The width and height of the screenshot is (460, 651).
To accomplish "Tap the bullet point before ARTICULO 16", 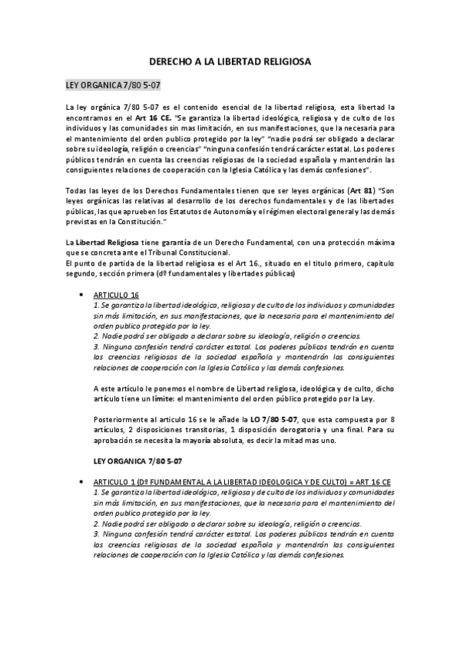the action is [x=82, y=295].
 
